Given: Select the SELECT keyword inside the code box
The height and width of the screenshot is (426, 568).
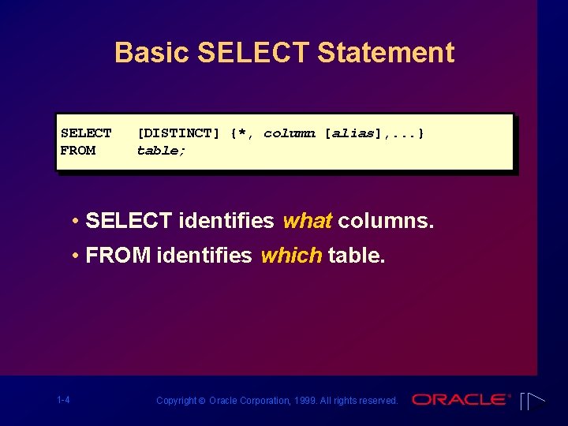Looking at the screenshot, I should click(86, 133).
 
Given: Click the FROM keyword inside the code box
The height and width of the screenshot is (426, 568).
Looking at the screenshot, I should click(78, 151).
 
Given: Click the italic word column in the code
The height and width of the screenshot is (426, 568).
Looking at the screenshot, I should click(290, 133).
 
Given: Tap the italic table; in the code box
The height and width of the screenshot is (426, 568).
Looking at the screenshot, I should click(162, 151).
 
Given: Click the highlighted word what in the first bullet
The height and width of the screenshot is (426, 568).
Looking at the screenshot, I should click(307, 221).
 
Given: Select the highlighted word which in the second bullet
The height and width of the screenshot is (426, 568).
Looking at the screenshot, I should click(291, 256).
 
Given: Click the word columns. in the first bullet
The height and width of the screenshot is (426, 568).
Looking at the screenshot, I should click(386, 221).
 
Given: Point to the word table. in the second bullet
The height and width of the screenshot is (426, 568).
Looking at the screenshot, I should click(357, 256).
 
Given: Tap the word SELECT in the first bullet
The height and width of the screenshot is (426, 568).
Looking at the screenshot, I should click(129, 221).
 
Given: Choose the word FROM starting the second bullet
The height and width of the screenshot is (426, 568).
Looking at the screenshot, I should click(118, 256).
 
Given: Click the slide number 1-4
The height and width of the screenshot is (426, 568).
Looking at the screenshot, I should click(63, 400).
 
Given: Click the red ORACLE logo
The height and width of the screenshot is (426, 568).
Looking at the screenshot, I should click(461, 400).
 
